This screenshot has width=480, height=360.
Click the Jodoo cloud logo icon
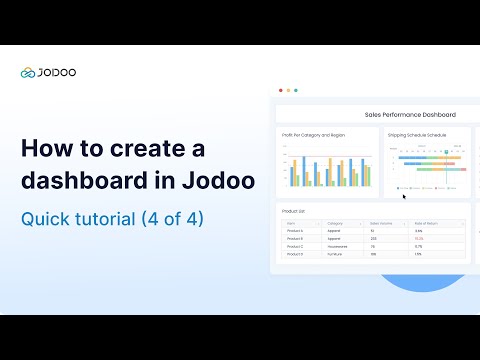point(28,72)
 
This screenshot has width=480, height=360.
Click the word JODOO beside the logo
point(58,72)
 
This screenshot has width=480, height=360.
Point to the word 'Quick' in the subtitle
point(46,218)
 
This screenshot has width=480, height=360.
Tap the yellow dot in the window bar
point(288,90)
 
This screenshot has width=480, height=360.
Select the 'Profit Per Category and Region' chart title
point(313,134)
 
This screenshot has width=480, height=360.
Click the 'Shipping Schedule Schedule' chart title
point(417,134)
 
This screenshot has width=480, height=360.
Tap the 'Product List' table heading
point(294,211)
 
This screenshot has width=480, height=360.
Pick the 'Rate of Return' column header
point(428,223)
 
